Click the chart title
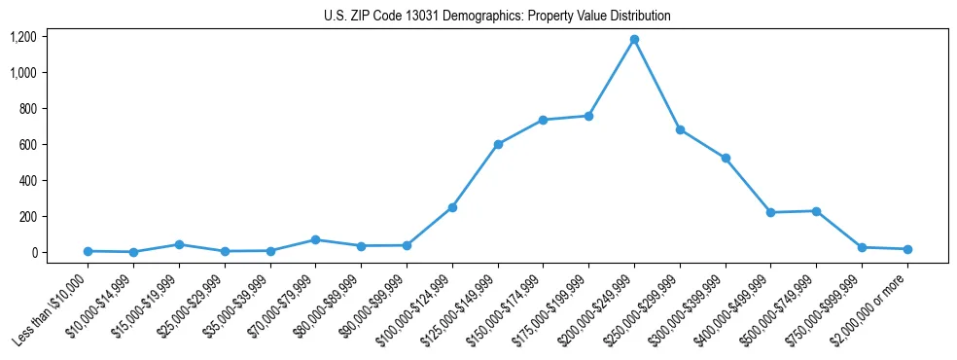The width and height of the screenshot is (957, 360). point(497,17)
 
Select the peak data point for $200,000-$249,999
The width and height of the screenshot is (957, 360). point(634,40)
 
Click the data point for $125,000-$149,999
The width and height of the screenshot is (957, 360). point(498,144)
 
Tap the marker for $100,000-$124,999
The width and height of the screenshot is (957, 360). point(452,207)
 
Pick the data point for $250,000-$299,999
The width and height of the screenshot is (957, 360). point(680,129)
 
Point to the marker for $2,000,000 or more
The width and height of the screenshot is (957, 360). point(907,249)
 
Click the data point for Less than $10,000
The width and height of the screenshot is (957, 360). point(89,251)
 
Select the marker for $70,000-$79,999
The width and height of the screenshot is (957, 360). point(316,239)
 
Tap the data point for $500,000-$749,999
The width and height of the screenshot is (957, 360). point(816,211)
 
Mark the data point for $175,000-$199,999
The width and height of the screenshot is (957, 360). point(588,116)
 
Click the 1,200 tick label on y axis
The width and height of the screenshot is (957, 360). point(23,37)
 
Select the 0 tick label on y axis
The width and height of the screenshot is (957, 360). point(34,253)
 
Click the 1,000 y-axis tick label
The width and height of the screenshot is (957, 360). point(23,73)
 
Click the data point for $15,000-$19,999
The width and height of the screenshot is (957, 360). point(179,244)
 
